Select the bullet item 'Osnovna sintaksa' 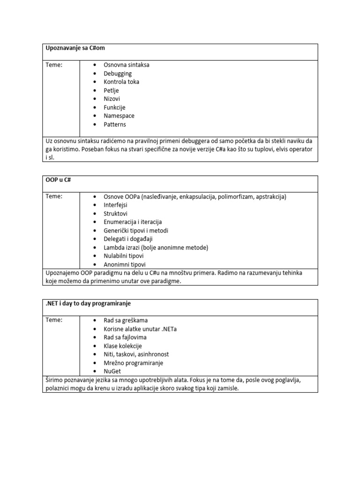click(126, 65)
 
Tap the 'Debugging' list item click(117, 73)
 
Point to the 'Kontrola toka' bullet click(121, 82)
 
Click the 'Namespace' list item click(119, 116)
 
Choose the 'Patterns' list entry click(114, 124)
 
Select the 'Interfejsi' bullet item click(115, 205)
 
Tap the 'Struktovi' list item click(115, 213)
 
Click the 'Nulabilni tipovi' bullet click(123, 256)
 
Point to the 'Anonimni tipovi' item click(124, 264)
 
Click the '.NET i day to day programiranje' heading click(88, 303)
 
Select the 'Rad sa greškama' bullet click(125, 320)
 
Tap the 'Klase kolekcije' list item click(122, 346)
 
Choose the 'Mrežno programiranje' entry click(133, 363)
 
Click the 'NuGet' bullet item click(113, 371)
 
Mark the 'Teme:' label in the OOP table click(53, 196)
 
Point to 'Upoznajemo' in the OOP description click(62, 273)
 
